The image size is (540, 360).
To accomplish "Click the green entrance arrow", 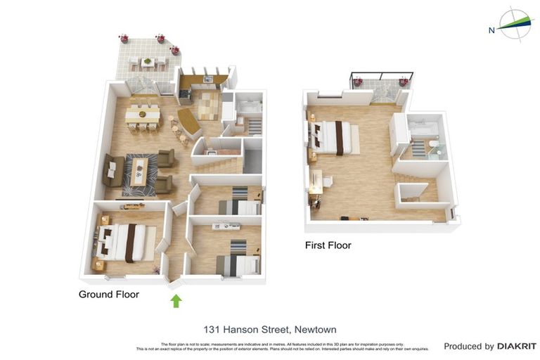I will click(176, 301).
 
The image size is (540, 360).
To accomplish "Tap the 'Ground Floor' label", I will click(108, 295).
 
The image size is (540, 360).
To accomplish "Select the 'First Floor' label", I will click(328, 245).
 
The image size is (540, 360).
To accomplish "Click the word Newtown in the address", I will click(316, 329).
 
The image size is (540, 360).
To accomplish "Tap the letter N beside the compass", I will click(491, 30).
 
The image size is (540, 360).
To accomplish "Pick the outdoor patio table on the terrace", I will click(148, 62).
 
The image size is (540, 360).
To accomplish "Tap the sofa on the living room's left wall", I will click(111, 170).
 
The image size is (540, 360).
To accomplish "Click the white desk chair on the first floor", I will click(328, 181).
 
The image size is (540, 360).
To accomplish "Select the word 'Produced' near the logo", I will click(468, 346).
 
